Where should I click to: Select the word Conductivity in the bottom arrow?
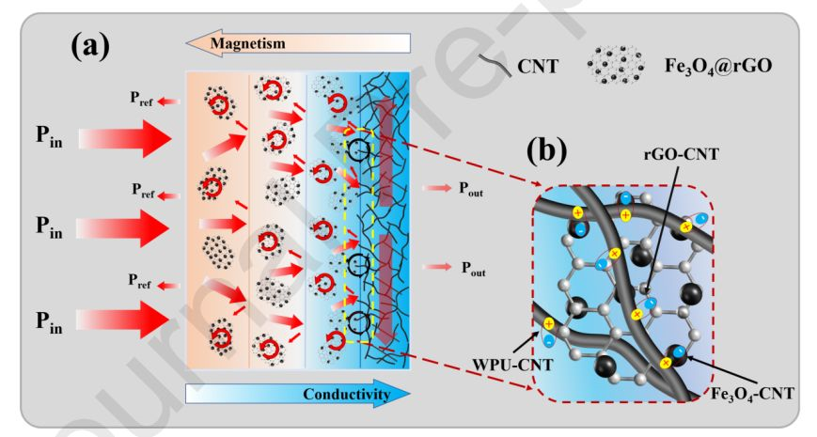tap(345, 395)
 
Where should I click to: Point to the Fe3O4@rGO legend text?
tap(722, 67)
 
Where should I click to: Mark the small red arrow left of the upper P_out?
tap(437, 188)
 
